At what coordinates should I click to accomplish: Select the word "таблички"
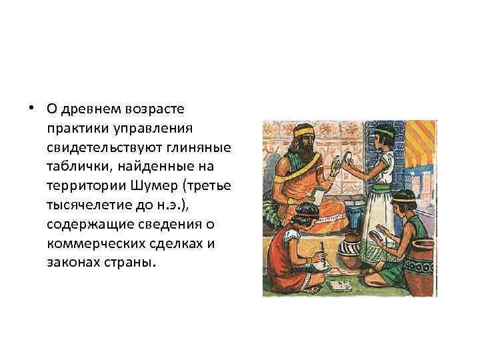click(74, 165)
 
